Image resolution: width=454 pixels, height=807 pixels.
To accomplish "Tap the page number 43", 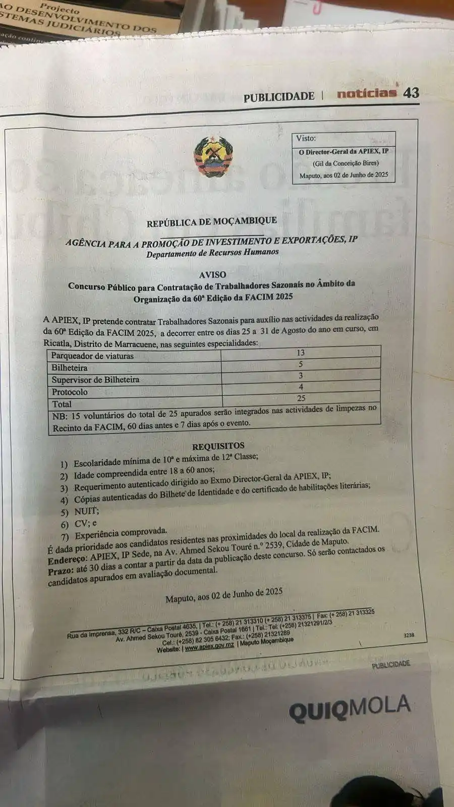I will pyautogui.click(x=411, y=93).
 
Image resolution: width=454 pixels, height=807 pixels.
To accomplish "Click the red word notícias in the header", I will pyautogui.click(x=367, y=93).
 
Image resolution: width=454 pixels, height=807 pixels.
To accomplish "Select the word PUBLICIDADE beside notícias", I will pyautogui.click(x=278, y=97).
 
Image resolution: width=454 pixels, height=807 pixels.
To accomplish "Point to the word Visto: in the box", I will pyautogui.click(x=306, y=138).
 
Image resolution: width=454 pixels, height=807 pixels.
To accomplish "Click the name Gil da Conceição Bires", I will pyautogui.click(x=346, y=163).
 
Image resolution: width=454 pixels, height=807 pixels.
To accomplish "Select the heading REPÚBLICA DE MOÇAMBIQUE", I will pyautogui.click(x=211, y=221).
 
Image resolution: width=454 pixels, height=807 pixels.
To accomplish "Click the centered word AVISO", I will pyautogui.click(x=212, y=275).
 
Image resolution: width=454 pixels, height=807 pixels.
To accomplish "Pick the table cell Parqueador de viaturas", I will pyautogui.click(x=92, y=356).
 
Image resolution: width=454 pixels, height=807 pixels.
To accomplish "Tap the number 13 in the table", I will pyautogui.click(x=301, y=353).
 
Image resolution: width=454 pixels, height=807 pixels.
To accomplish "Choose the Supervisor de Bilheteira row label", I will pyautogui.click(x=95, y=380).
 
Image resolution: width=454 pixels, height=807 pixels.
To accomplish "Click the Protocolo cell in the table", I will pyautogui.click(x=70, y=392).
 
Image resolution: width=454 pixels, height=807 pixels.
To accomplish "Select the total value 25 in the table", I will pyautogui.click(x=301, y=398).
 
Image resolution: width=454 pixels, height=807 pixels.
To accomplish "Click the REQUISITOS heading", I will pyautogui.click(x=218, y=446).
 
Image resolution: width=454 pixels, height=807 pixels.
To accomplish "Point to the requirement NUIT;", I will pyautogui.click(x=86, y=511).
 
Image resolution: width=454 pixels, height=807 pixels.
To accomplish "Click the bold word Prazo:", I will pyautogui.click(x=61, y=571).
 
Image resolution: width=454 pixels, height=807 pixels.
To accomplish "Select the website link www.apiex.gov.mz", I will pyautogui.click(x=209, y=647).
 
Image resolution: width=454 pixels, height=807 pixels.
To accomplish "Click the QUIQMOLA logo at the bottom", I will pyautogui.click(x=350, y=707).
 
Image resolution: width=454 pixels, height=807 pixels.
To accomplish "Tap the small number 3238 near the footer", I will pyautogui.click(x=409, y=635).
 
